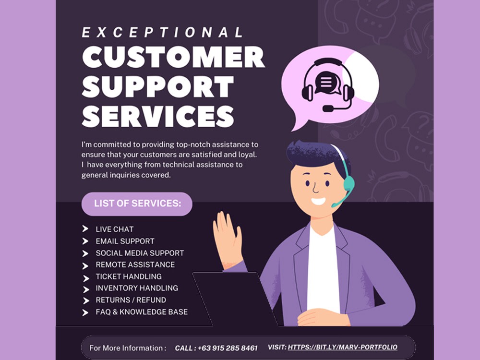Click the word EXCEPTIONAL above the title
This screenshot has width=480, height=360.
[162, 33]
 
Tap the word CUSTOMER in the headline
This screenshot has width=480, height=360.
[173, 57]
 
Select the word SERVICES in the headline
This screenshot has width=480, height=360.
[158, 116]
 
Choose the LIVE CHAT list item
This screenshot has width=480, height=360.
[115, 229]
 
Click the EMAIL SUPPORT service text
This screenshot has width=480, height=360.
[125, 241]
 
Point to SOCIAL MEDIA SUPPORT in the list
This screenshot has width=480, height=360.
[140, 253]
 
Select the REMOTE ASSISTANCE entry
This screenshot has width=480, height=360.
[135, 265]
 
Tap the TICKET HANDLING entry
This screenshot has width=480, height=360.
[129, 276]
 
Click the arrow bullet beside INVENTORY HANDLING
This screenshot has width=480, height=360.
[86, 289]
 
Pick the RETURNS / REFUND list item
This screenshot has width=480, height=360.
[131, 300]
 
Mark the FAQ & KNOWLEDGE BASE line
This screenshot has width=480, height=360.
[142, 312]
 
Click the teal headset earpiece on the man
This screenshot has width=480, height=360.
[348, 184]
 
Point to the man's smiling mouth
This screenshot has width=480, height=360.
[318, 202]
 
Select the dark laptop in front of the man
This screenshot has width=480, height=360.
[234, 299]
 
